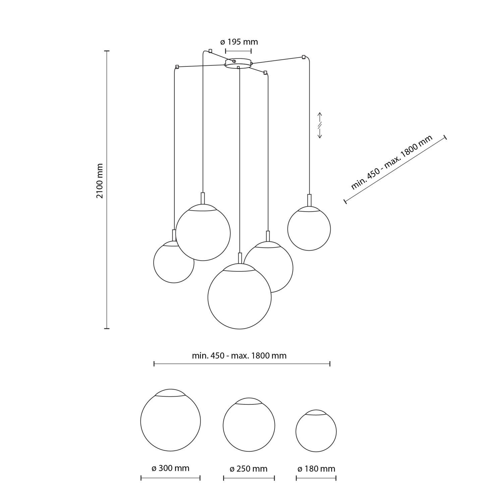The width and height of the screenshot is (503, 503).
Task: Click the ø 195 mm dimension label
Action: (x=239, y=42)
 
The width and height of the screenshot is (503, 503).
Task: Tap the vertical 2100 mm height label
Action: (x=100, y=181)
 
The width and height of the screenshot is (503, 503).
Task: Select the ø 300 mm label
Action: (x=170, y=468)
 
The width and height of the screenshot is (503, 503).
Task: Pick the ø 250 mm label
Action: (x=248, y=469)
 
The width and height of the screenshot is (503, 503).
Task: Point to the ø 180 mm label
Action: (x=316, y=469)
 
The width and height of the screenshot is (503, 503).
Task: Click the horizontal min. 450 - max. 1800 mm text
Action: (x=239, y=355)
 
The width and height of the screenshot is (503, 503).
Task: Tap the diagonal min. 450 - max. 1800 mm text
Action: (x=392, y=162)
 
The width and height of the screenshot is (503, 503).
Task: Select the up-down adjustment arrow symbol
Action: (x=320, y=125)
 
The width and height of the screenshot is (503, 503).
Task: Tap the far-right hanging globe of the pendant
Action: (x=309, y=229)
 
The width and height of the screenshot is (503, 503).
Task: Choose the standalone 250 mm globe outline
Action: (x=249, y=425)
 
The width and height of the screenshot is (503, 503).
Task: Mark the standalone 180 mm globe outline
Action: (x=316, y=431)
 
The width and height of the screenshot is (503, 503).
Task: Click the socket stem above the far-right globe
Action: (x=309, y=200)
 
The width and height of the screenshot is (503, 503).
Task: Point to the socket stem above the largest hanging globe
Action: (x=239, y=258)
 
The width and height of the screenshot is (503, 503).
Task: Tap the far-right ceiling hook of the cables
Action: (x=304, y=57)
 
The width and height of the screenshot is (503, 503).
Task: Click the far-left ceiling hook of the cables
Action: (x=177, y=67)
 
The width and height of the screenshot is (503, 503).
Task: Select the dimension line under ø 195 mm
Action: (x=238, y=51)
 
